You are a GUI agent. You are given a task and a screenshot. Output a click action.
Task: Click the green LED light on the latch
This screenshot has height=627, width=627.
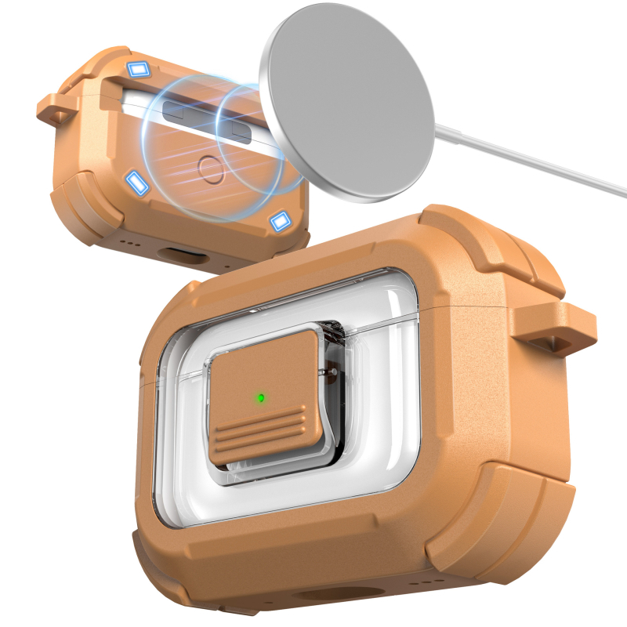(x=260, y=397)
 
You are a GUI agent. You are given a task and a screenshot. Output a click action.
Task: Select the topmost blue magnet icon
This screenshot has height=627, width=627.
(x=140, y=70)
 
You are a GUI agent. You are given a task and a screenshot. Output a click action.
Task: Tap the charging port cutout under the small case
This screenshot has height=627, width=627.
(x=179, y=256)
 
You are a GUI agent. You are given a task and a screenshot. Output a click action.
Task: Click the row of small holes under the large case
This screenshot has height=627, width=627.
(x=427, y=581)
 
